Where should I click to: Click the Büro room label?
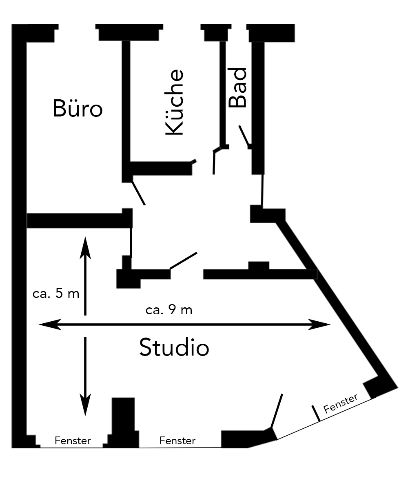pos(78,108)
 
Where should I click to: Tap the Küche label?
pos(175,102)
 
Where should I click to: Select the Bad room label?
pos(237,88)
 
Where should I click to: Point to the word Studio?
pos(174,347)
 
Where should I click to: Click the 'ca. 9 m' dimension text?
pos(169,310)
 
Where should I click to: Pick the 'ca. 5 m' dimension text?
pos(56,293)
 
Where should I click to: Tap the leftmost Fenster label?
pos(73,441)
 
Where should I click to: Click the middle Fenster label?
pos(177,441)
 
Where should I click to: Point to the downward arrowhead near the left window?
pos(85,405)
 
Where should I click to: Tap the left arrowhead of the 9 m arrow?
pos(49,325)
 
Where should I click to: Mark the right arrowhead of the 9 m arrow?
pos(319,325)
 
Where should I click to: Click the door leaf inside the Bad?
pos(244,135)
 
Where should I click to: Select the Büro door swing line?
pos(138,193)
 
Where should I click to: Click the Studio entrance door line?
pos(183,261)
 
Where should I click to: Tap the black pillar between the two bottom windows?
pos(123,423)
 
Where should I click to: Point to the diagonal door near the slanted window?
pos(277,411)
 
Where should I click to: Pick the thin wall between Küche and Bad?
pos(223,93)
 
